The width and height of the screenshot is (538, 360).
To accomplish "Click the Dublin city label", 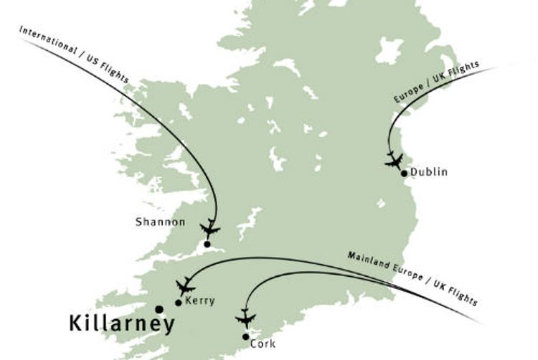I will [x=429, y=172].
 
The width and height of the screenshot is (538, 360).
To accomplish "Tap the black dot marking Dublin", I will [x=405, y=173].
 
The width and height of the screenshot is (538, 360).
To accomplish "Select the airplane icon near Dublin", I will [x=393, y=160].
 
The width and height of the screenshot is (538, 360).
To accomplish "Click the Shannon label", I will [x=160, y=222].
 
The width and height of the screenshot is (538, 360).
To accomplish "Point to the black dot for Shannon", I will [x=207, y=245].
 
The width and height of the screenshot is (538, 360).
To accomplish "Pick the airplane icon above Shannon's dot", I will [x=210, y=229].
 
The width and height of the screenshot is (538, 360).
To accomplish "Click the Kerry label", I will [x=199, y=301].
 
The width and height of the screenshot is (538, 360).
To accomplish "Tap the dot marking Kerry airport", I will [x=178, y=302].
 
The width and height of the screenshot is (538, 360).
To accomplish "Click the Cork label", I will [x=263, y=344].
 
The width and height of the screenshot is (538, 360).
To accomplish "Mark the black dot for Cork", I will [x=246, y=336].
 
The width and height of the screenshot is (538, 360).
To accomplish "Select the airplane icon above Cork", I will [x=245, y=318].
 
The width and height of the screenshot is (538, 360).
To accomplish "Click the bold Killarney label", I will [x=122, y=324].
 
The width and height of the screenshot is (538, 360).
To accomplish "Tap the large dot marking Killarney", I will [x=159, y=310].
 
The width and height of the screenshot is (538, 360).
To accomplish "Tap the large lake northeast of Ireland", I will [x=390, y=50].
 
